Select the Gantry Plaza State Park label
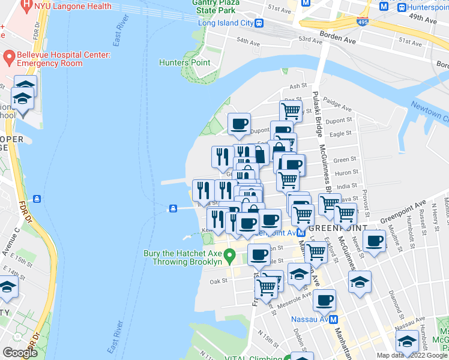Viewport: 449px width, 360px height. tap(217, 7)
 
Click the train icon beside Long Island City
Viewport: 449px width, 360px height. tap(259, 23)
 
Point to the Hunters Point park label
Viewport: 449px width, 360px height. tap(184, 62)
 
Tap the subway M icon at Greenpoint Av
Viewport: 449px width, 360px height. tap(301, 232)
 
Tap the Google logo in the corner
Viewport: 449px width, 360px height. tap(20, 353)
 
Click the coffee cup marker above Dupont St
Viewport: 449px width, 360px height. tap(239, 124)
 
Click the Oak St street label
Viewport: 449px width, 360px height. tap(218, 280)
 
